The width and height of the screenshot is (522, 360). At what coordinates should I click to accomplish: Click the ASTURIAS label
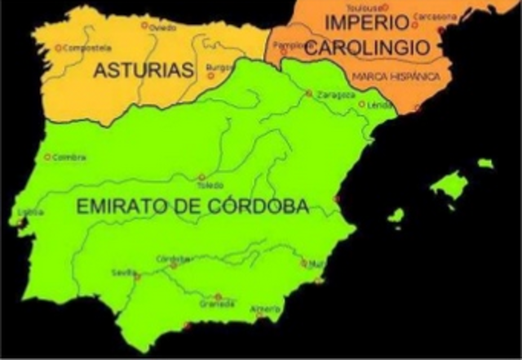[143, 70]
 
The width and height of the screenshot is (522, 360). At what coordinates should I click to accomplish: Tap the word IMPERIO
[361, 22]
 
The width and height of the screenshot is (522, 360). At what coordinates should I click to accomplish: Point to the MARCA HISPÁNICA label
[396, 76]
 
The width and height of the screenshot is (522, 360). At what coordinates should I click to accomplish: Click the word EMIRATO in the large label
[123, 207]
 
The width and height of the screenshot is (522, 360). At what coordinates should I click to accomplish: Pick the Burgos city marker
[210, 75]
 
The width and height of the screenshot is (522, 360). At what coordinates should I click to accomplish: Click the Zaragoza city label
[336, 93]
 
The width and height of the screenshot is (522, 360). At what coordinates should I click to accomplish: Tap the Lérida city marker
[361, 104]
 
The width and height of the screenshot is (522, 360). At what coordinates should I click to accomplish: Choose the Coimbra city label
[69, 157]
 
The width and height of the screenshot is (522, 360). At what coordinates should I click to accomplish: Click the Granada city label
[217, 304]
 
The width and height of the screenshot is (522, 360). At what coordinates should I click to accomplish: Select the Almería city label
[266, 309]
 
